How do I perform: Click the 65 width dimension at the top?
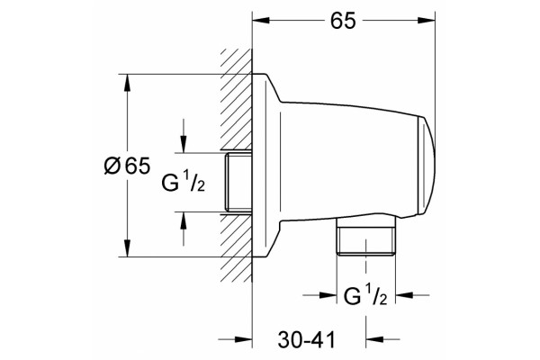(344, 21)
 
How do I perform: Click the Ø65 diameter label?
(127, 166)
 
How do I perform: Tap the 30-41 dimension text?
(307, 340)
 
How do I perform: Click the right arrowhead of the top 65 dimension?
(426, 21)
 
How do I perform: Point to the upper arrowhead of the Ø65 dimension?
(127, 84)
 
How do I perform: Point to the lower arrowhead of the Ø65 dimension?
(127, 247)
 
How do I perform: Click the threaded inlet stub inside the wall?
(238, 182)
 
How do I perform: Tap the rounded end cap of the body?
(427, 166)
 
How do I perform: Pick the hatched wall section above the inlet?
(236, 100)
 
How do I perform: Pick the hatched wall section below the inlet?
(236, 247)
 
